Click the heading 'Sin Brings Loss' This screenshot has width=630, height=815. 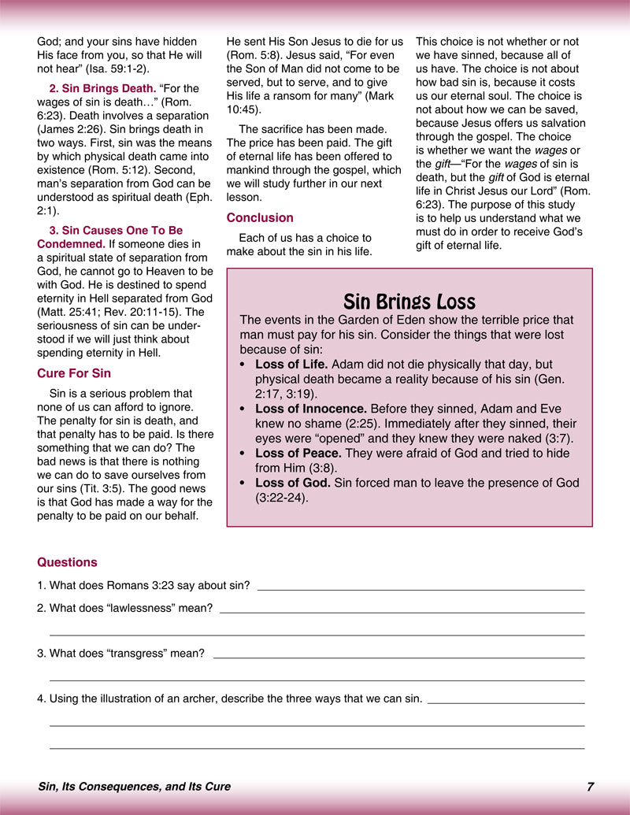coord(409,302)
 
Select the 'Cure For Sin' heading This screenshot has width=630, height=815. coord(74,373)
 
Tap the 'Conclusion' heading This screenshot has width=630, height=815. coord(260,217)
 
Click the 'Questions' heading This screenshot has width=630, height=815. coord(67,562)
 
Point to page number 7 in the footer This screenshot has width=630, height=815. coord(590,787)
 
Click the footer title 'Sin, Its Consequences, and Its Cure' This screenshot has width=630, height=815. coord(134,787)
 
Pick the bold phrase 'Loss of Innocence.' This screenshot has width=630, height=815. coord(311,409)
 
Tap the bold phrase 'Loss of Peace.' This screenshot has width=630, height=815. coord(297,454)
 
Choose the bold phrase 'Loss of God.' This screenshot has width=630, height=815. coord(293,483)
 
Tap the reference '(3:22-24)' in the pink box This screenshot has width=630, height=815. coord(281,498)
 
